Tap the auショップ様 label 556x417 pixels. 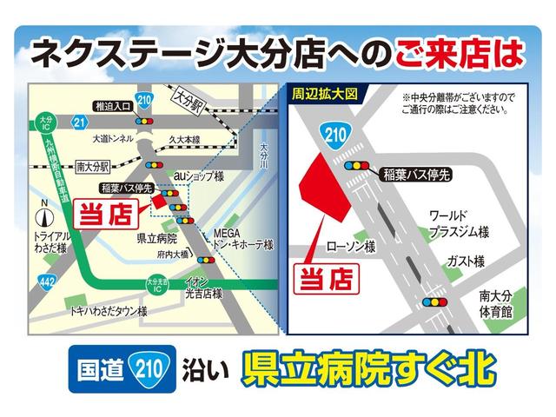(x=198, y=176)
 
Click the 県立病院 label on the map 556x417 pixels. (x=156, y=236)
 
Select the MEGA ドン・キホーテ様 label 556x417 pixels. (x=242, y=239)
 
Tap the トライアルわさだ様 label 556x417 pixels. (x=50, y=242)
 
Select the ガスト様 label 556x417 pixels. (x=466, y=261)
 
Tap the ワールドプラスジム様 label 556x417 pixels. (x=460, y=224)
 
